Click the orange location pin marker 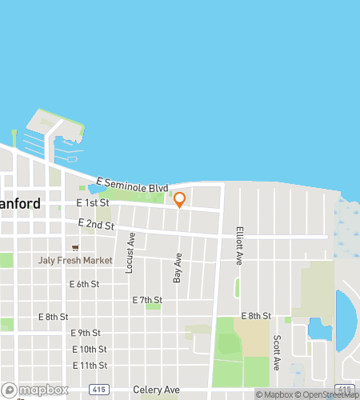pyautogui.click(x=179, y=200)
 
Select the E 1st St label pyautogui.click(x=93, y=204)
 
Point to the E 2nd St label pyautogui.click(x=96, y=225)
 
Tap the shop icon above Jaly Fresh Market pyautogui.click(x=75, y=247)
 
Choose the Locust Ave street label pyautogui.click(x=130, y=252)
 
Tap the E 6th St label pyautogui.click(x=84, y=284)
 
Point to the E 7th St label pyautogui.click(x=147, y=300)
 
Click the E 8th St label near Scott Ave pyautogui.click(x=256, y=317)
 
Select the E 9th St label pyautogui.click(x=86, y=333)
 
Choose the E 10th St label pyautogui.click(x=88, y=350)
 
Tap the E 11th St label pyautogui.click(x=88, y=366)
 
